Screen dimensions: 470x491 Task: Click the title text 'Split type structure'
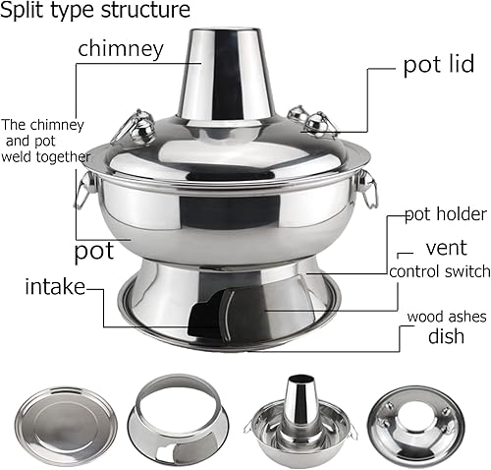pos(96,12)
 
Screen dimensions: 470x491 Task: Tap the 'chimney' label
pos(122,48)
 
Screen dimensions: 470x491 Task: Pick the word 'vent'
pos(446,247)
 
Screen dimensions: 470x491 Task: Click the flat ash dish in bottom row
pos(60,417)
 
